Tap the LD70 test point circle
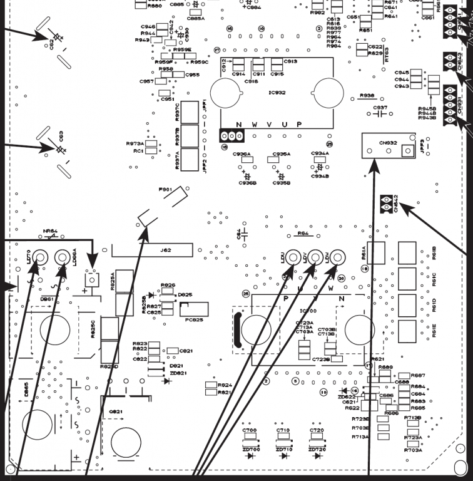point(39,257)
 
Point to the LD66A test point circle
point(62,257)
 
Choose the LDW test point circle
point(337,256)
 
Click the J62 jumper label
point(165,250)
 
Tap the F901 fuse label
point(165,189)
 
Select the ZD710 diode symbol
point(283,456)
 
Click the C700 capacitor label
point(249,431)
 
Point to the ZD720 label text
point(317,450)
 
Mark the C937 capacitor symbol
point(380,115)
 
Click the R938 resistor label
point(367,96)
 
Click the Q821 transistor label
point(116,411)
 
